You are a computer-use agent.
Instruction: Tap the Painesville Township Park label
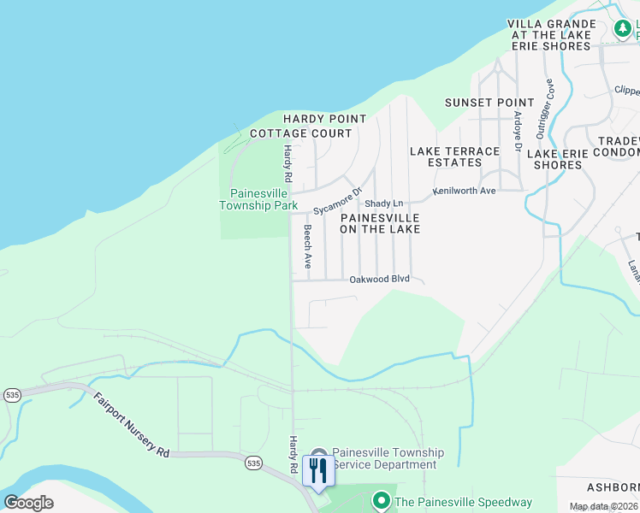pos(258,199)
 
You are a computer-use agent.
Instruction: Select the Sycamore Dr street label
pos(338,202)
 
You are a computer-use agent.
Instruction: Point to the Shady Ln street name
pos(383,203)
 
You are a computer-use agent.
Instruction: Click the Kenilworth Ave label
pos(464,191)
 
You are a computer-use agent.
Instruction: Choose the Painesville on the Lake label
pos(380,223)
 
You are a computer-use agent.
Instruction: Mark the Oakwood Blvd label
pos(379,279)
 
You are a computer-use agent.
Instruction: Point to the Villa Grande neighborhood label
pos(552,35)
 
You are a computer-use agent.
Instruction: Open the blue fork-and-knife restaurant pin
pos(317,470)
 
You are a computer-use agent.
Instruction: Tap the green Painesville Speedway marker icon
pos(381,501)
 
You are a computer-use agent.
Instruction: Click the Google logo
pos(28,502)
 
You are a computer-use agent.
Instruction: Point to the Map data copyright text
pos(603,506)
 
